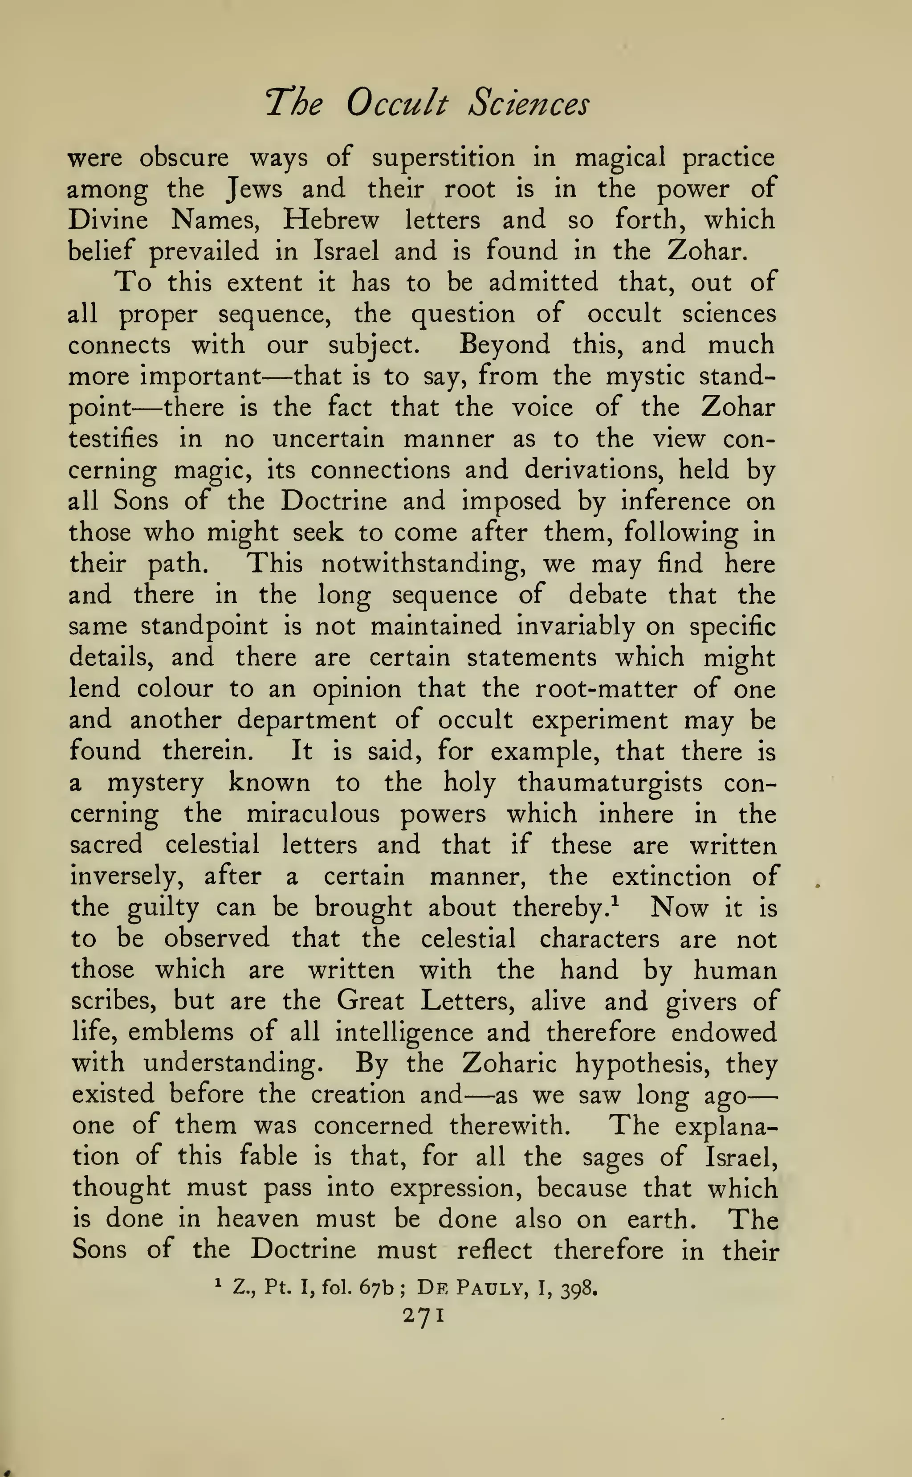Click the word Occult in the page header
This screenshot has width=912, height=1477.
pyautogui.click(x=397, y=104)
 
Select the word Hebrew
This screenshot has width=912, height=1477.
pyautogui.click(x=331, y=220)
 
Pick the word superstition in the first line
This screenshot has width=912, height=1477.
pyautogui.click(x=444, y=159)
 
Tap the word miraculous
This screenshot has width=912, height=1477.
pyautogui.click(x=313, y=814)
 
